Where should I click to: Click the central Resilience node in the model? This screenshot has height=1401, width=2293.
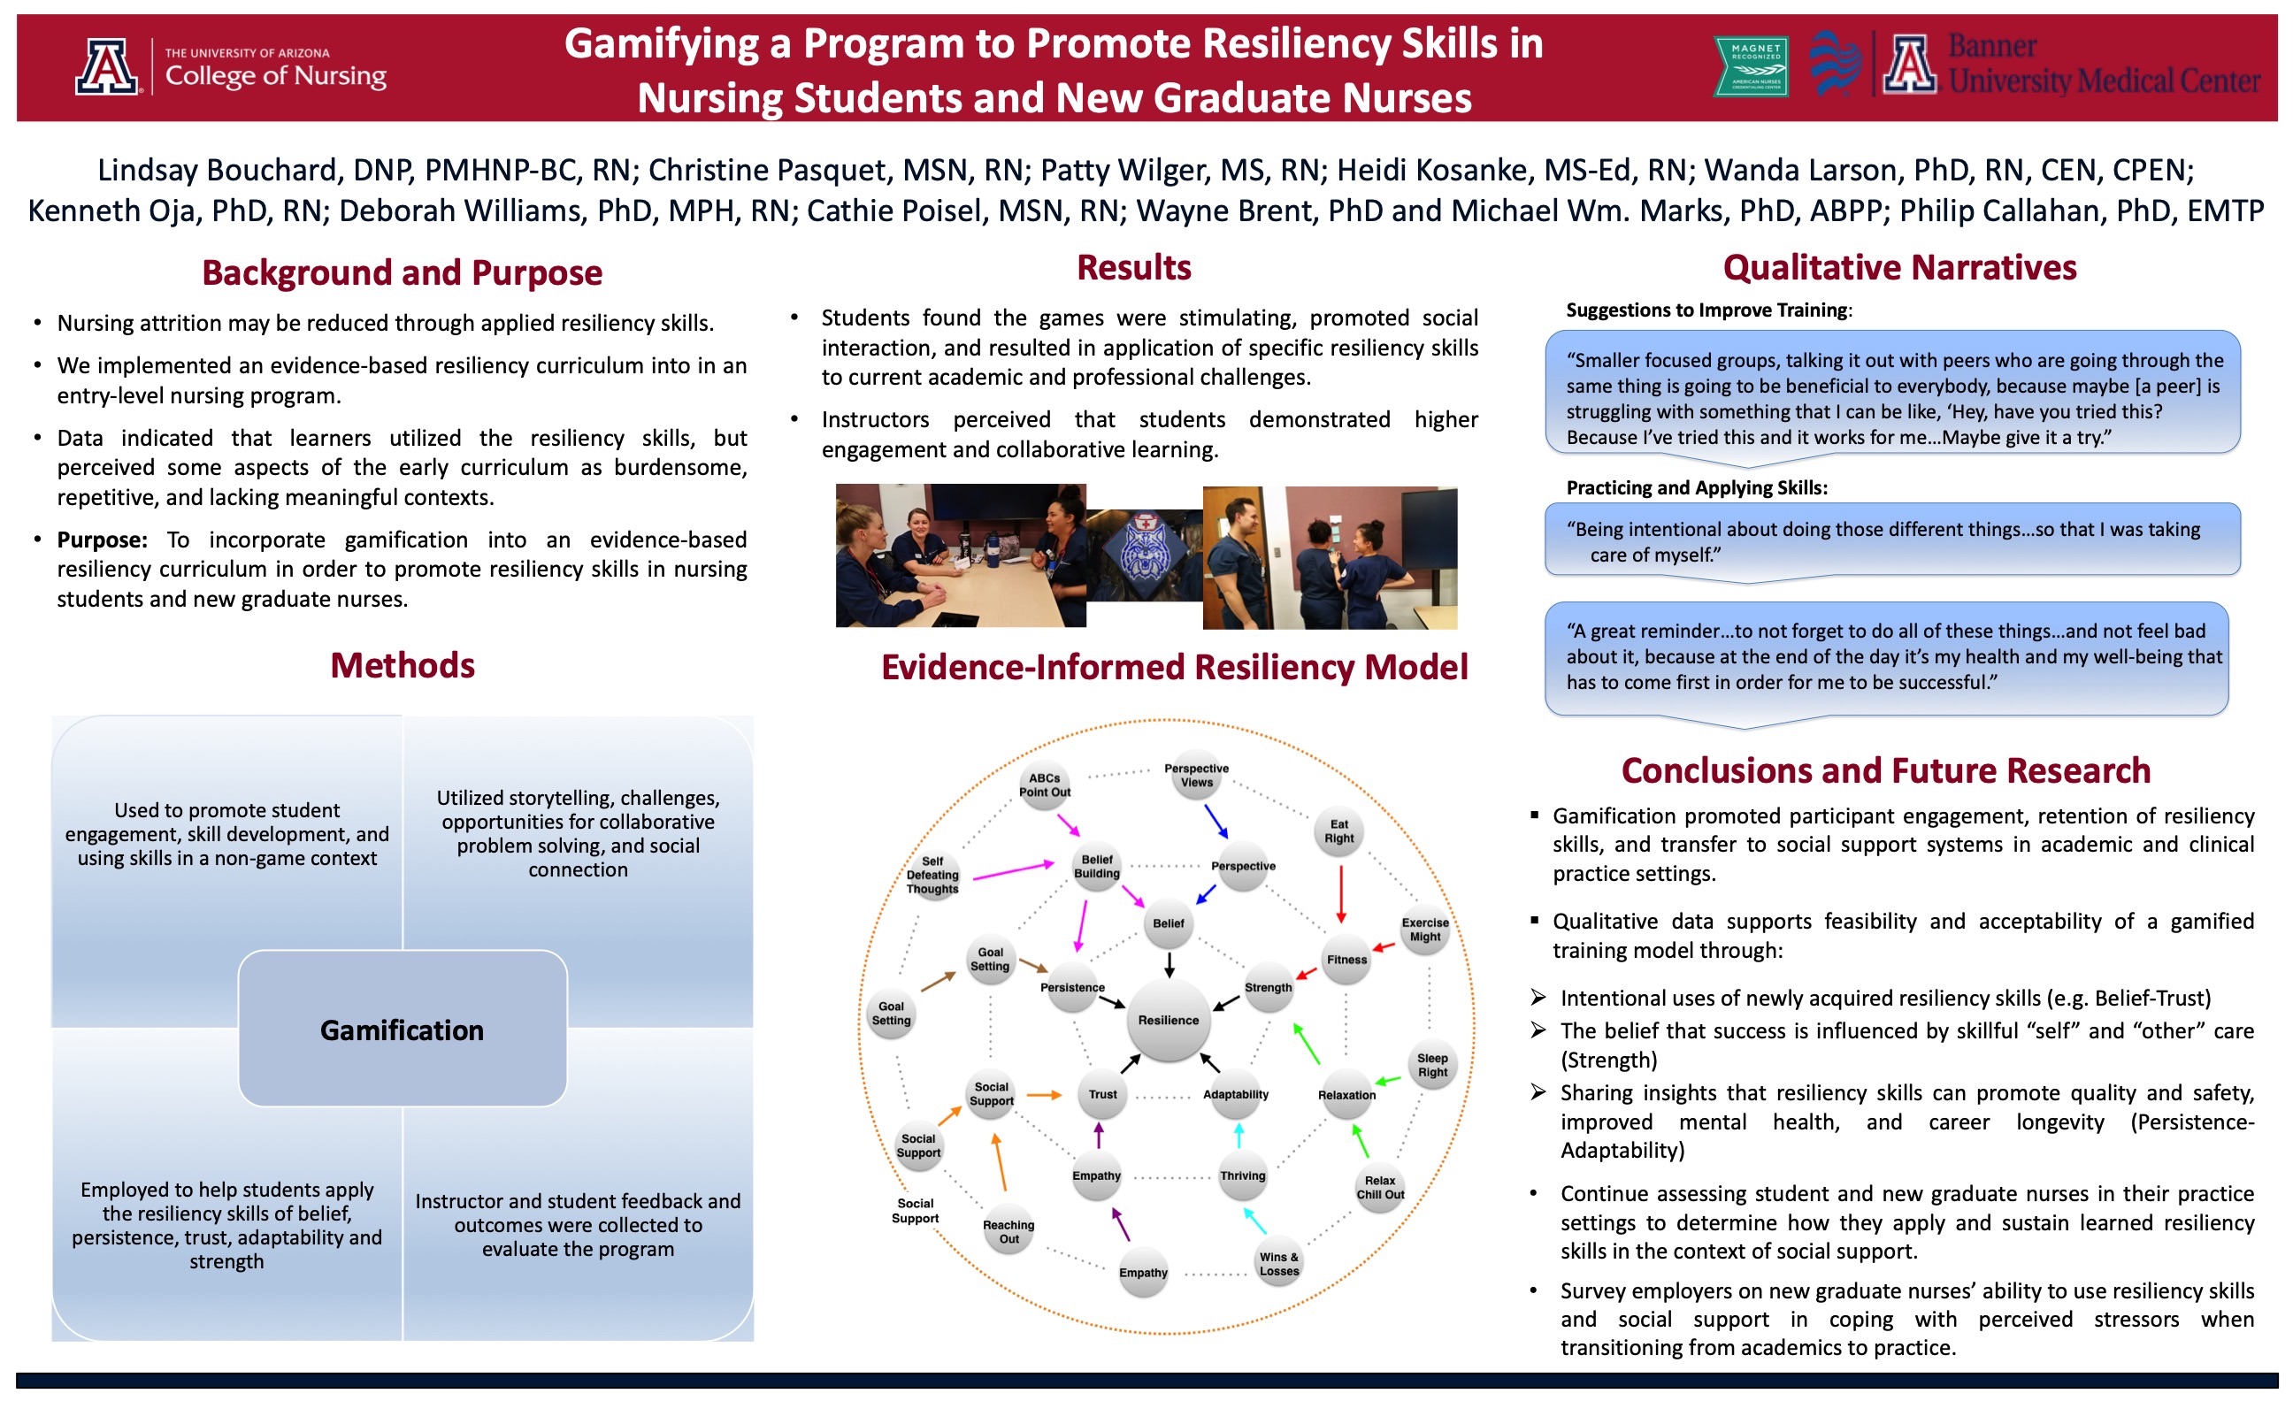click(1168, 1020)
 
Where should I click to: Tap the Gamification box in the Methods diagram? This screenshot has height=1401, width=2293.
click(402, 1029)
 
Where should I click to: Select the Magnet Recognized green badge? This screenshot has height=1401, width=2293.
click(1750, 66)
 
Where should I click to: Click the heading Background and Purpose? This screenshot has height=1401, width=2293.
click(402, 272)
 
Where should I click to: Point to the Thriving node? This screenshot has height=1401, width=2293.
click(1242, 1175)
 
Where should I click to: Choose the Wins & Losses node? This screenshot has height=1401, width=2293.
click(1278, 1263)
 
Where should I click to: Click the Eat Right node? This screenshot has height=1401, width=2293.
click(1339, 831)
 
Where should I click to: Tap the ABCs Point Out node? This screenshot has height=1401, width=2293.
click(1044, 785)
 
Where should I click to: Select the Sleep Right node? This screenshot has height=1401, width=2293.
click(1432, 1065)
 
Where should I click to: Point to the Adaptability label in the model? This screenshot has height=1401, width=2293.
click(1235, 1094)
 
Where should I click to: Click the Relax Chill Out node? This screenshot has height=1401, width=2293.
click(1380, 1187)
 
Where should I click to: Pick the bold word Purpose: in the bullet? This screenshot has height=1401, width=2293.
click(103, 540)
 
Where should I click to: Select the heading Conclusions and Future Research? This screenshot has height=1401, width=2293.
click(1885, 770)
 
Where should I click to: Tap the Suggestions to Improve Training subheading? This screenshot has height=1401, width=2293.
click(1707, 310)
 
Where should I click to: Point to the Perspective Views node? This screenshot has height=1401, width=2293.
click(1196, 775)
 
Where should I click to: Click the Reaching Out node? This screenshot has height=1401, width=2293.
click(1008, 1232)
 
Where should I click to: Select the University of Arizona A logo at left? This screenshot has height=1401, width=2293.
click(107, 66)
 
